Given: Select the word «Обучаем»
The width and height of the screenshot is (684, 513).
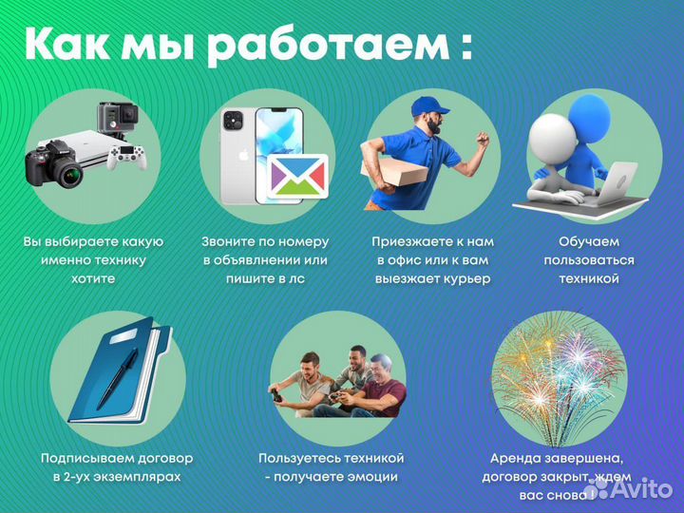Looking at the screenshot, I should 589,241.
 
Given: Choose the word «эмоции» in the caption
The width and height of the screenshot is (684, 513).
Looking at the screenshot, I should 366,477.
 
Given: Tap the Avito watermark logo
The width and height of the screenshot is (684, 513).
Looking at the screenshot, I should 636,489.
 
